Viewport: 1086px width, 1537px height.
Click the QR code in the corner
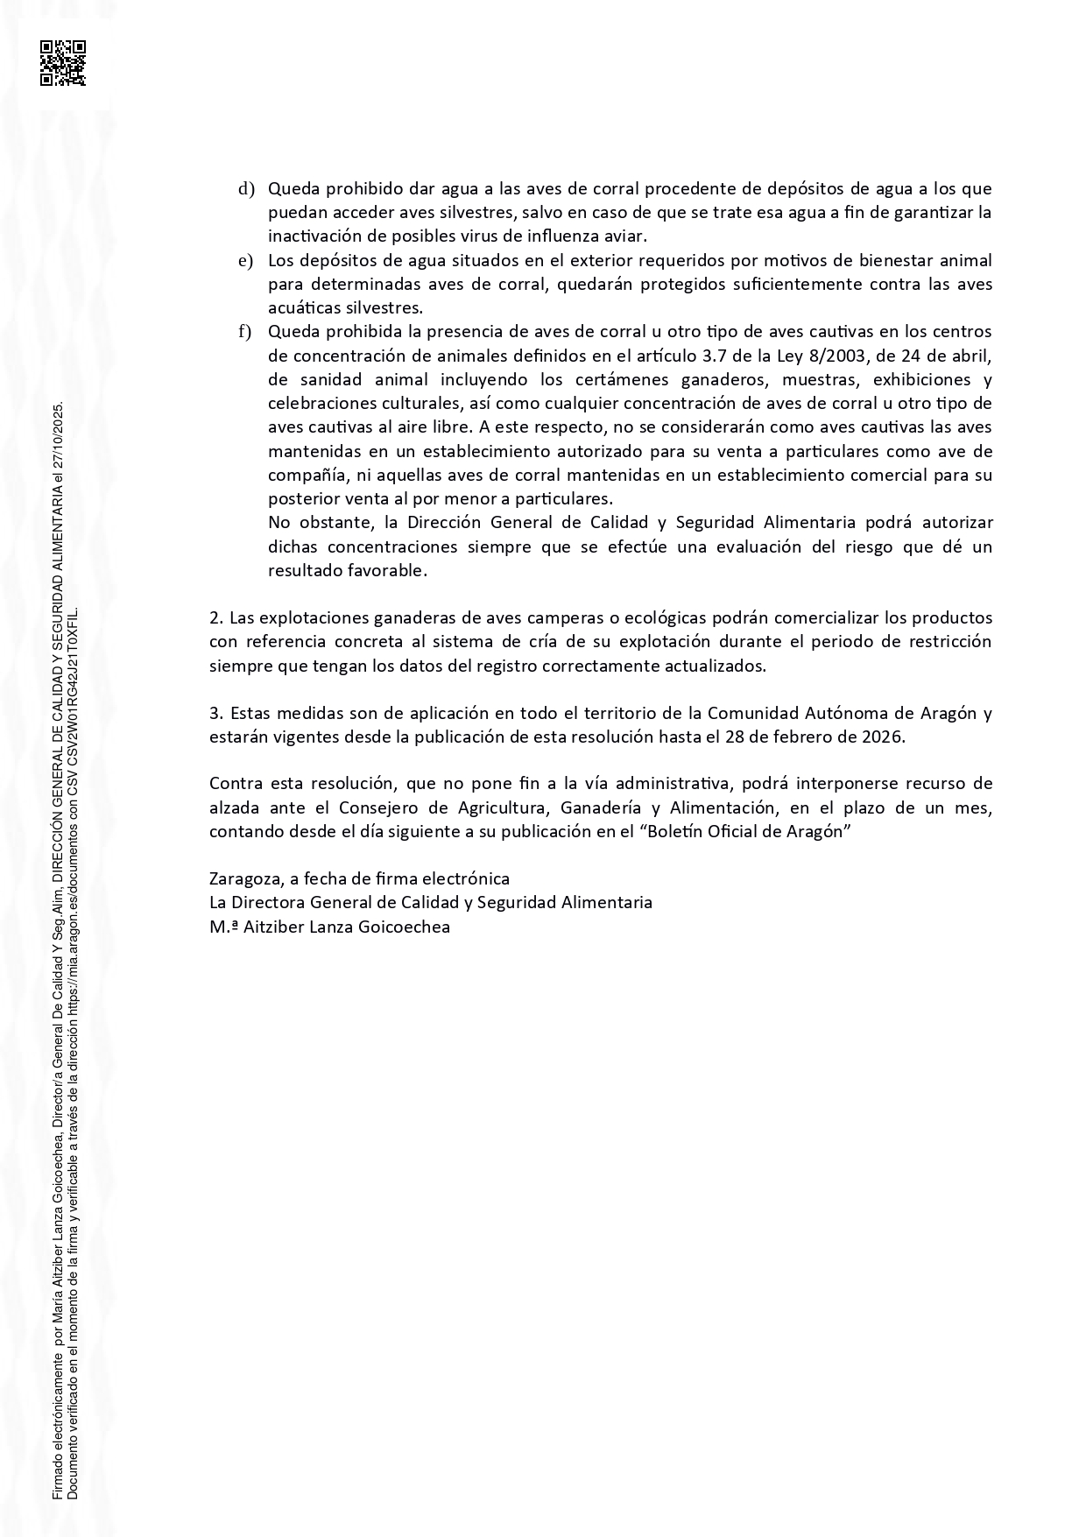point(63,63)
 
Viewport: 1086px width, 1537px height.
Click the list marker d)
point(246,189)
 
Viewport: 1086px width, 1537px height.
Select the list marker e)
point(246,261)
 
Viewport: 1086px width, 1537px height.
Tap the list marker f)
point(245,332)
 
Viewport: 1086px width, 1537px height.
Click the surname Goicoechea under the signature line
point(405,927)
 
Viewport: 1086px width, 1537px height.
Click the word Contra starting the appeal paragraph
point(234,783)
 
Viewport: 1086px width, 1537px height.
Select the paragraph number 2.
point(216,618)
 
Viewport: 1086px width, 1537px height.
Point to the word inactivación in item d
point(316,236)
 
